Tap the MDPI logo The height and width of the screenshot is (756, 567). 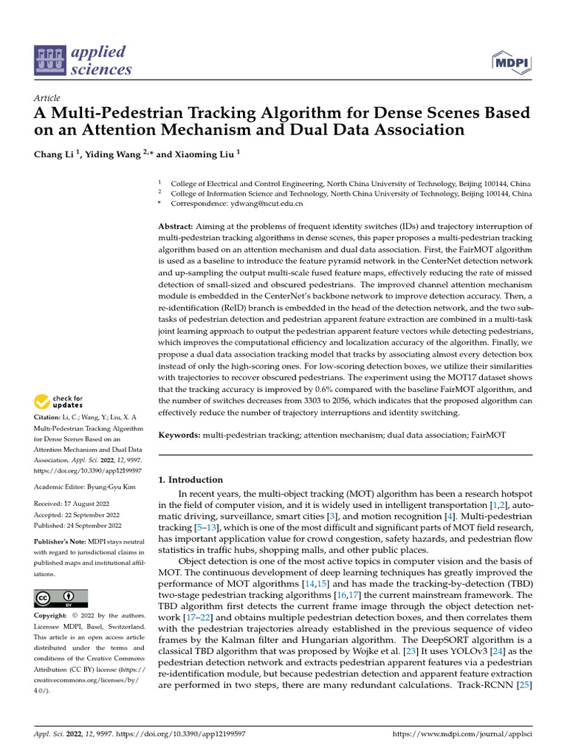tap(509, 62)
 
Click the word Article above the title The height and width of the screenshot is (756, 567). tap(47, 98)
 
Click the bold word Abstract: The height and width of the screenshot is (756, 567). tap(176, 225)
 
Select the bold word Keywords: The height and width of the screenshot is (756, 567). tap(180, 436)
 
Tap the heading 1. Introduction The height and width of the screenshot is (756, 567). tap(190, 480)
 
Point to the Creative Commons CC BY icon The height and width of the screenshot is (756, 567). tap(61, 599)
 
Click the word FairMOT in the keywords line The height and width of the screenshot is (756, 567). tap(488, 436)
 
